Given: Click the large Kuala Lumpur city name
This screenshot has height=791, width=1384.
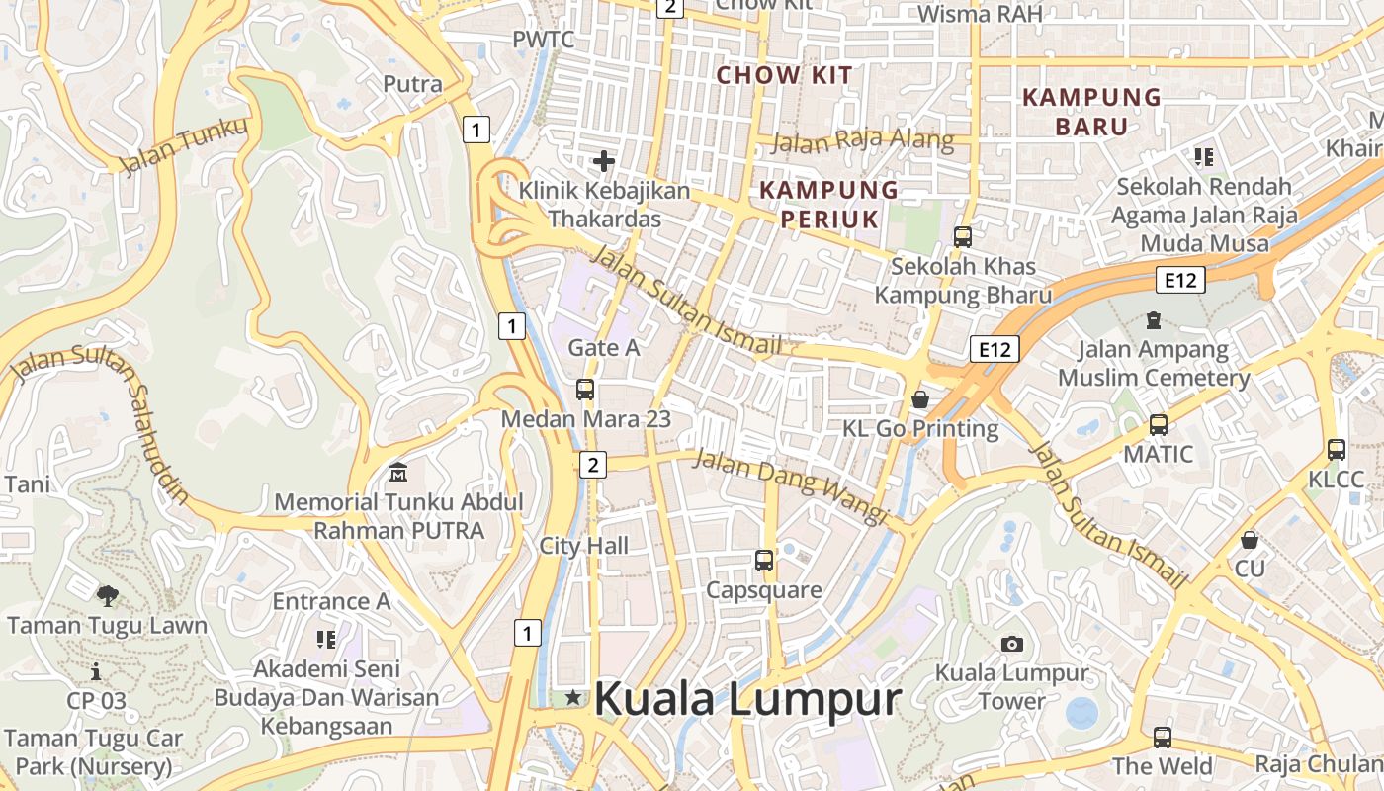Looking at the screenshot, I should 747,699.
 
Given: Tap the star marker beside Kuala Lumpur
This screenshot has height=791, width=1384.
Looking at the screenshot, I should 573,698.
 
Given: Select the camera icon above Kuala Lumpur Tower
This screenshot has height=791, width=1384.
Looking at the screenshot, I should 1011,644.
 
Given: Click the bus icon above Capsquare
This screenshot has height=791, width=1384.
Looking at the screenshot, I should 764,561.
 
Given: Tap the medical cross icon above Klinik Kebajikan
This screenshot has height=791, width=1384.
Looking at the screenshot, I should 604,161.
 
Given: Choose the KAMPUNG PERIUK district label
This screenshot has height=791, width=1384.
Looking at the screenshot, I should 828,204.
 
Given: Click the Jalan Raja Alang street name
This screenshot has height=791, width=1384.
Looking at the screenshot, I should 862,140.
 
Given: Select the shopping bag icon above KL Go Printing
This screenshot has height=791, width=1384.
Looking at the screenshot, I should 920,398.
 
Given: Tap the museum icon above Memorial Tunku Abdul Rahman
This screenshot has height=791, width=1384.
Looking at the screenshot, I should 398,472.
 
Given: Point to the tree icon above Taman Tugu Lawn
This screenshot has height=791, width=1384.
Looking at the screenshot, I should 107,595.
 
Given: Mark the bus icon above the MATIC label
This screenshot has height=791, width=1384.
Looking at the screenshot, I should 1158,425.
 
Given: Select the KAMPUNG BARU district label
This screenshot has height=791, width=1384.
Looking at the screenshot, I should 1091,112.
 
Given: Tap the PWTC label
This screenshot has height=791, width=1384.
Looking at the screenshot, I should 543,39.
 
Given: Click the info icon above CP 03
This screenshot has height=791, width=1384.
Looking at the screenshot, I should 96,672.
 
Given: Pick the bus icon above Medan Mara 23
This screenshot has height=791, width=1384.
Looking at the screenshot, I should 585,389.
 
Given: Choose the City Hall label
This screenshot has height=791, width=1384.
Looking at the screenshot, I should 583,545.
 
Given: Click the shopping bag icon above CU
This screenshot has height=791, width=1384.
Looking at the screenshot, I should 1250,540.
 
